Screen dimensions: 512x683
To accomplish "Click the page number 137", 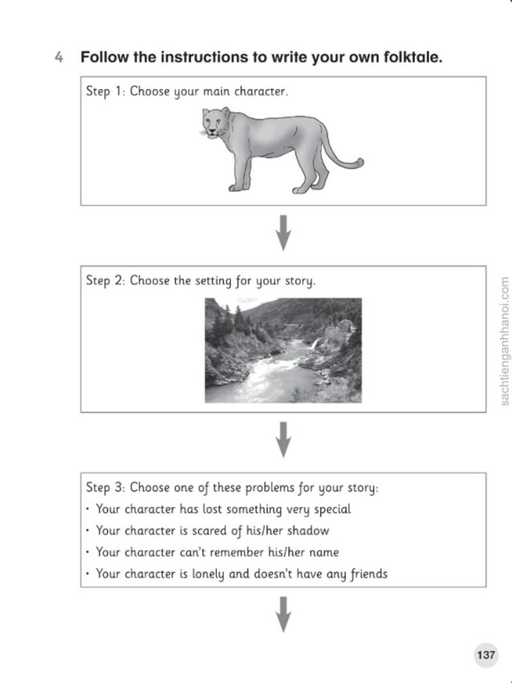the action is (x=486, y=655).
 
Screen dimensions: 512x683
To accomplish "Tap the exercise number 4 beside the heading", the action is (x=59, y=57).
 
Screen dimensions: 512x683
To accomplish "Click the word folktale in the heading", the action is (x=413, y=57).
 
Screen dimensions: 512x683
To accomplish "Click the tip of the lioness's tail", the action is (x=361, y=162).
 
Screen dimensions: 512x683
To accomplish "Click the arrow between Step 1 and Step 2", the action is (x=284, y=233).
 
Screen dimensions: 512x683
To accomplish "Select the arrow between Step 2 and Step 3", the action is (x=284, y=439).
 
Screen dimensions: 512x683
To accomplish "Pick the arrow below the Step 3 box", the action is (x=284, y=614).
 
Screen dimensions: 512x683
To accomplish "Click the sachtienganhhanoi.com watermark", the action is (x=504, y=341).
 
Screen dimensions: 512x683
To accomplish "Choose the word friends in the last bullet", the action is (x=368, y=574).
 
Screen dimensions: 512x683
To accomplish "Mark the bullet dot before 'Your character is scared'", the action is (x=88, y=531).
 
